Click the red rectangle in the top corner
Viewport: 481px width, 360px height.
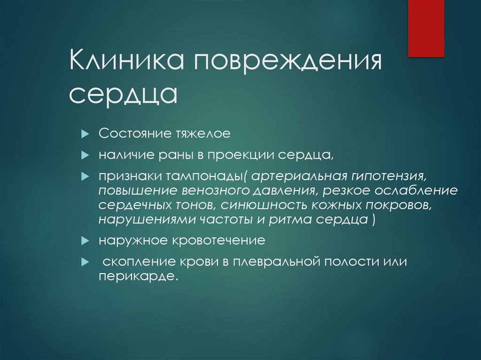point(426,28)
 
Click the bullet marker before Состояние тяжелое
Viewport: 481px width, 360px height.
point(85,134)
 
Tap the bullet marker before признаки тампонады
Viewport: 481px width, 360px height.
point(85,176)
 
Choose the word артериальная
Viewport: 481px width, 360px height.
point(298,175)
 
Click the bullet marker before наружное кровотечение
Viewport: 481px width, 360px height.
point(85,241)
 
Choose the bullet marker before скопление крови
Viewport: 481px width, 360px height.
point(85,261)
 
